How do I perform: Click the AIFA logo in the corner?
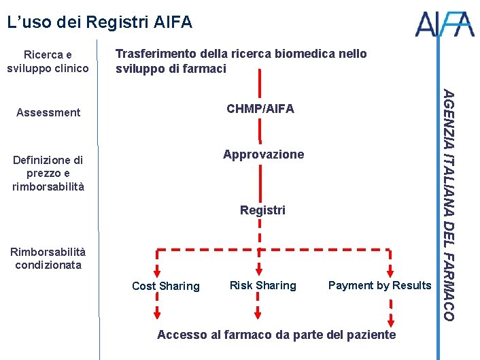445,24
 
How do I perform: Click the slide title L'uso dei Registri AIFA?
99,22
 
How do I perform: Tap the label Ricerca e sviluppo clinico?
48,61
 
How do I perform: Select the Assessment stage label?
48,112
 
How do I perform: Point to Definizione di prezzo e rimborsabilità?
48,173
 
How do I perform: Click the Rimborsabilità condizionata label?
48,258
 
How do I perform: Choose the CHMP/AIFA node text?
260,109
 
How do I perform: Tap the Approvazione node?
264,154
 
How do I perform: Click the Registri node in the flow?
262,210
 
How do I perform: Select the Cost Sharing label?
166,286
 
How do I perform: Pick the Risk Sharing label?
263,285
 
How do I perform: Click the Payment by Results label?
379,285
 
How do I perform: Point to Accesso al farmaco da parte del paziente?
276,334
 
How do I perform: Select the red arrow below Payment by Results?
391,313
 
